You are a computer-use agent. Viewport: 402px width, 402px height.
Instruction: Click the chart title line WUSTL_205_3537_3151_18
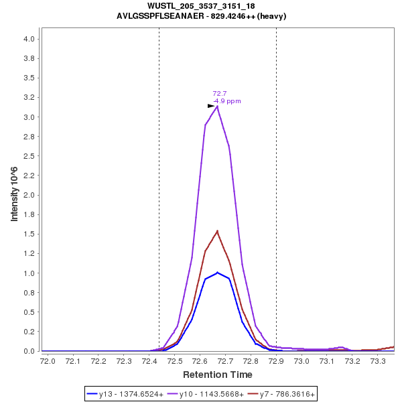pyautogui.click(x=201, y=7)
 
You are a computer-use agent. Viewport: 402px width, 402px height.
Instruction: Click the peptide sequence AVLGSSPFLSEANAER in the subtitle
pyautogui.click(x=159, y=16)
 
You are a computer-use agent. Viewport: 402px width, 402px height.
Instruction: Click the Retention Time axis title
pyautogui.click(x=218, y=375)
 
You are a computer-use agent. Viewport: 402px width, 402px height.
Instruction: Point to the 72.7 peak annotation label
pyautogui.click(x=220, y=94)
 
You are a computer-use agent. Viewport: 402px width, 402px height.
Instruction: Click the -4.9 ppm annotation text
pyautogui.click(x=227, y=101)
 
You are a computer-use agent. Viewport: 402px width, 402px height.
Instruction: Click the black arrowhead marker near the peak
pyautogui.click(x=211, y=106)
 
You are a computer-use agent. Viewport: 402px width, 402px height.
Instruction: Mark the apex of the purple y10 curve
pyautogui.click(x=217, y=106)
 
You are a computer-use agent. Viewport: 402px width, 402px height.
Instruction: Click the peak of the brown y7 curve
pyautogui.click(x=217, y=231)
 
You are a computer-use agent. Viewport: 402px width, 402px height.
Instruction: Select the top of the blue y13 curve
pyautogui.click(x=217, y=272)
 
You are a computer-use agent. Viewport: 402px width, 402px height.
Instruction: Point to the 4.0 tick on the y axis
pyautogui.click(x=29, y=39)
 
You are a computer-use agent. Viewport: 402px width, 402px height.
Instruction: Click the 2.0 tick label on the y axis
pyautogui.click(x=29, y=195)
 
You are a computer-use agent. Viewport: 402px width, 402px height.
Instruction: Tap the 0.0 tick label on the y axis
pyautogui.click(x=29, y=351)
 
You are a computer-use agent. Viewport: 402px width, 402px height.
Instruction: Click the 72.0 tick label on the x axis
pyautogui.click(x=48, y=361)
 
